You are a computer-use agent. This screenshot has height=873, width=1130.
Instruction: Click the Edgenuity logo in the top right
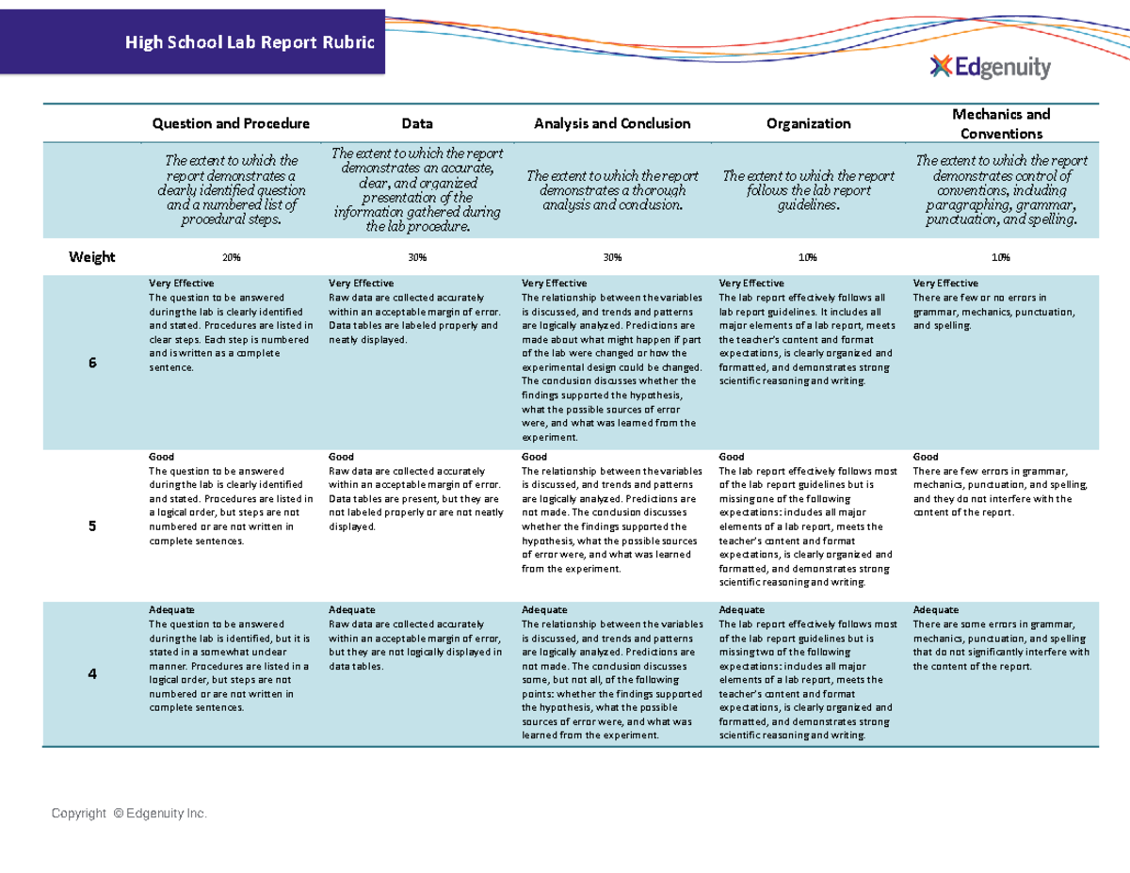pos(990,67)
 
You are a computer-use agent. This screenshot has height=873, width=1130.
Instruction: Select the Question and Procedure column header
pos(231,123)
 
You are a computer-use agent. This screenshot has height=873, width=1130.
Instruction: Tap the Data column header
pos(417,123)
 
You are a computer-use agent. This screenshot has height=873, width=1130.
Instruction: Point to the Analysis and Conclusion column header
pos(612,123)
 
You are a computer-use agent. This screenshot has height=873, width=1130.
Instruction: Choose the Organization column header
pos(808,123)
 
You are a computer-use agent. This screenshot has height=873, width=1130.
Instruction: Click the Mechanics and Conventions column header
pos(1001,123)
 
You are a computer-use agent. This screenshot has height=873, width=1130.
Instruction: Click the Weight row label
pos(92,257)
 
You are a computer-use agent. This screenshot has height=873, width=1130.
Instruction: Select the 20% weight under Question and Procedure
pos(231,257)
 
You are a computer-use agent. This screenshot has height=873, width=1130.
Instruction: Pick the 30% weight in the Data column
pos(417,257)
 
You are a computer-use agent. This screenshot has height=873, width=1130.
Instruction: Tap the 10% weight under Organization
pos(808,257)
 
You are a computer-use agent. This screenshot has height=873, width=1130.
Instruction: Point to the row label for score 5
pos(92,526)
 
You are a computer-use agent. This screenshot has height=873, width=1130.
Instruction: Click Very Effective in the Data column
pos(361,283)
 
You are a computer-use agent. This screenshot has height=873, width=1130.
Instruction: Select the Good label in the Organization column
pos(731,457)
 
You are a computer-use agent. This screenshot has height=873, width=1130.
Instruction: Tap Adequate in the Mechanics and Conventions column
pos(936,609)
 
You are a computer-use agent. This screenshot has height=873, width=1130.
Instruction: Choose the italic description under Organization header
pos(808,191)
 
